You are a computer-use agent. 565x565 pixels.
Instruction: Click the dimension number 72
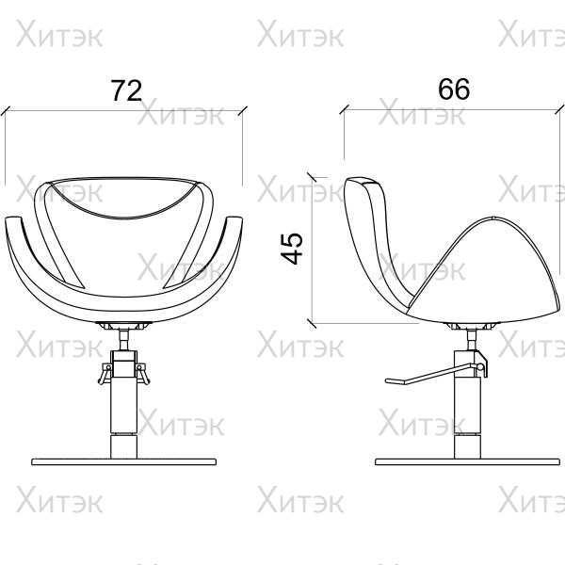pyautogui.click(x=126, y=90)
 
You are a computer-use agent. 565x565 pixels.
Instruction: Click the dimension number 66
pyautogui.click(x=454, y=89)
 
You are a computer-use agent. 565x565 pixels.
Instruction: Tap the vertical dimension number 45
pyautogui.click(x=292, y=249)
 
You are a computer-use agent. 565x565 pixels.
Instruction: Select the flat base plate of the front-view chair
pyautogui.click(x=124, y=462)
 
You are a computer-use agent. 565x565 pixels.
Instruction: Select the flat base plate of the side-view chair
pyautogui.click(x=468, y=462)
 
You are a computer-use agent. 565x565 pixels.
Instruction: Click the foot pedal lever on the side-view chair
pyautogui.click(x=432, y=375)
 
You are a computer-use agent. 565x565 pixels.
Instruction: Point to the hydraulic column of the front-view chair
pyautogui.click(x=124, y=418)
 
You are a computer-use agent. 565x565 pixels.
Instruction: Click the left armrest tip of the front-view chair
pyautogui.click(x=13, y=218)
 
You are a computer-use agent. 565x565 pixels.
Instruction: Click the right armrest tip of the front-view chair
pyautogui.click(x=234, y=218)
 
